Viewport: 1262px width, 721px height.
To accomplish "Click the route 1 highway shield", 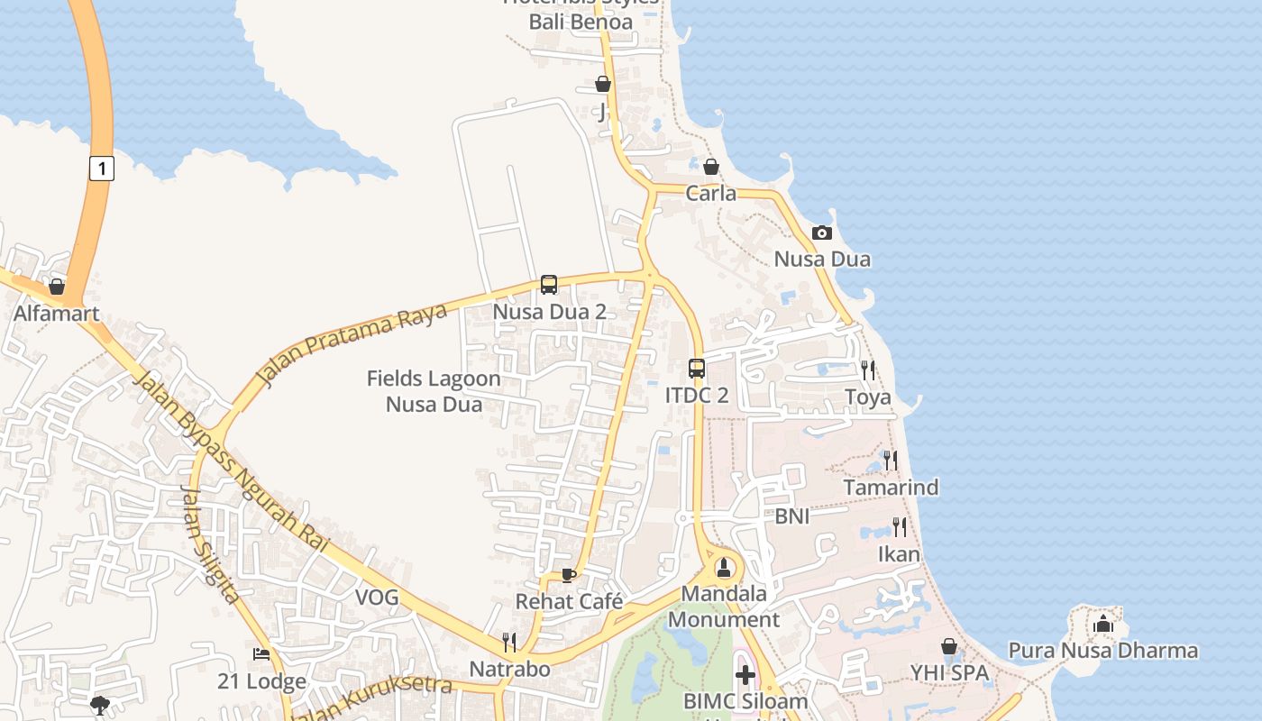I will [102, 168].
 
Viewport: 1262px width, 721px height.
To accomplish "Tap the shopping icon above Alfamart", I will [57, 287].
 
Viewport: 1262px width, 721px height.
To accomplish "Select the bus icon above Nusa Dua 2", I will [549, 285].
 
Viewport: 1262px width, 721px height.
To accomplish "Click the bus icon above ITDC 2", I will [697, 368].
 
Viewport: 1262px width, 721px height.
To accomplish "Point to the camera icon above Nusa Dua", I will [821, 233].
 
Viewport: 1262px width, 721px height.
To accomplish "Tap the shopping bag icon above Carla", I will [710, 167].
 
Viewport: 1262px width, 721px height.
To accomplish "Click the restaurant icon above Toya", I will [867, 370].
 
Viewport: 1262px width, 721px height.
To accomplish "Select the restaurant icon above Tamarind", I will [891, 460].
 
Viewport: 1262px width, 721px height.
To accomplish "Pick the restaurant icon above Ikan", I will [899, 526].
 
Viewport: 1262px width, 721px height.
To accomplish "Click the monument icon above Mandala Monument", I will [724, 568].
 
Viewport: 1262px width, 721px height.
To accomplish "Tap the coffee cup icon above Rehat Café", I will [568, 575].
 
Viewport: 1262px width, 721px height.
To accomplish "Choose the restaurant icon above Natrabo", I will [509, 642].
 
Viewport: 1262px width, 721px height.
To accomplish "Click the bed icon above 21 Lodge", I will [261, 654].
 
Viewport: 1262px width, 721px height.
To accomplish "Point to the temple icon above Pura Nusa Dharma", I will [1103, 624].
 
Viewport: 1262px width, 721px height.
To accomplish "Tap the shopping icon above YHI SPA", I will [948, 646].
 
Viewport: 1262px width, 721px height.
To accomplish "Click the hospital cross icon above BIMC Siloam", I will [745, 674].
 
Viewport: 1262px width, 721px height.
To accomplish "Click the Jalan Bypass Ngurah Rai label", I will [229, 460].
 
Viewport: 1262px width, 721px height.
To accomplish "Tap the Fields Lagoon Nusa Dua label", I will [434, 391].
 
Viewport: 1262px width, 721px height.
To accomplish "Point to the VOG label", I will [377, 597].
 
